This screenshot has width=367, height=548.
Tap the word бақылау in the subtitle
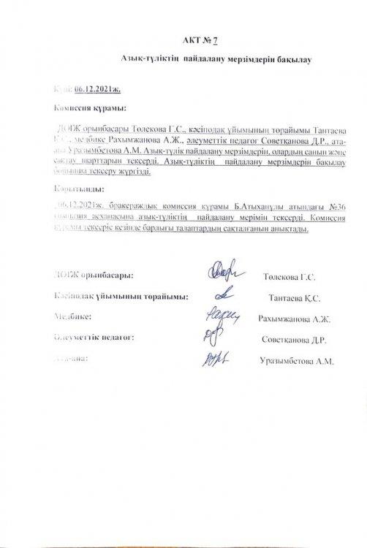pos(293,64)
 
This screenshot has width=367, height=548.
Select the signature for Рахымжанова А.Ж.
pos(219,318)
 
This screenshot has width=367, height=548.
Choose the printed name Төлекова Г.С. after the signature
pos(287,278)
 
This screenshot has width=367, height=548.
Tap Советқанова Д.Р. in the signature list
pos(293,340)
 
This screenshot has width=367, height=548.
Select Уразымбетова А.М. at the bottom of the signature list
pos(297,361)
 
